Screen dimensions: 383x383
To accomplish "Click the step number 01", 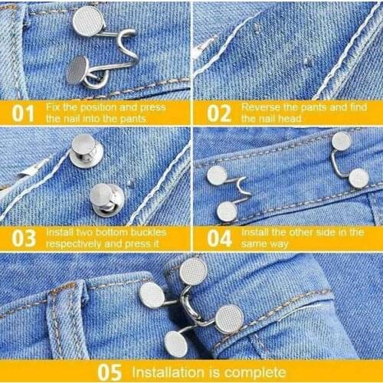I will tap(23, 113).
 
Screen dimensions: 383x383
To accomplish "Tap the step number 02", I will tap(218, 113).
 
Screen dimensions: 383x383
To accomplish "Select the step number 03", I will tap(23, 237).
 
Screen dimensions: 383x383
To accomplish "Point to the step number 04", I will tap(218, 237).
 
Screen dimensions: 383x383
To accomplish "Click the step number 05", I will tap(109, 372).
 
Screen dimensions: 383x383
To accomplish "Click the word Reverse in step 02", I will tap(257, 107).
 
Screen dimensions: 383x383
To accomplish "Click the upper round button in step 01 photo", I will tap(87, 20).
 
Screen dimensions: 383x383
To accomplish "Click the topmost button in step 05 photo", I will tap(192, 270).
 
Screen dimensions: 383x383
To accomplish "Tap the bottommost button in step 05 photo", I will tap(175, 342).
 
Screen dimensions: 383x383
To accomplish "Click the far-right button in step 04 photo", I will tap(358, 178).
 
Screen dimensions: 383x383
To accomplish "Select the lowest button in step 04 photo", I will tap(227, 211).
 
